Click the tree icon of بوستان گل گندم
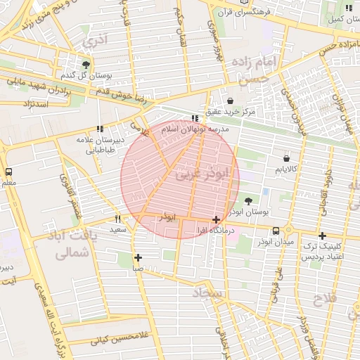(x=86, y=65)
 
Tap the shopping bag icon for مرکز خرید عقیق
(x=231, y=101)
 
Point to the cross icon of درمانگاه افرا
(x=216, y=220)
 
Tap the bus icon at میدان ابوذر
(x=276, y=231)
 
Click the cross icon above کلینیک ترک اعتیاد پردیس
(x=322, y=236)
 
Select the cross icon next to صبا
(x=138, y=257)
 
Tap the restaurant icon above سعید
(x=117, y=219)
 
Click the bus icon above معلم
(x=9, y=172)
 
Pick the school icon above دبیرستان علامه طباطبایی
(x=100, y=129)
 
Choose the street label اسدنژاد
(x=29, y=105)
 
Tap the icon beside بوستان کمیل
(x=349, y=8)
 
